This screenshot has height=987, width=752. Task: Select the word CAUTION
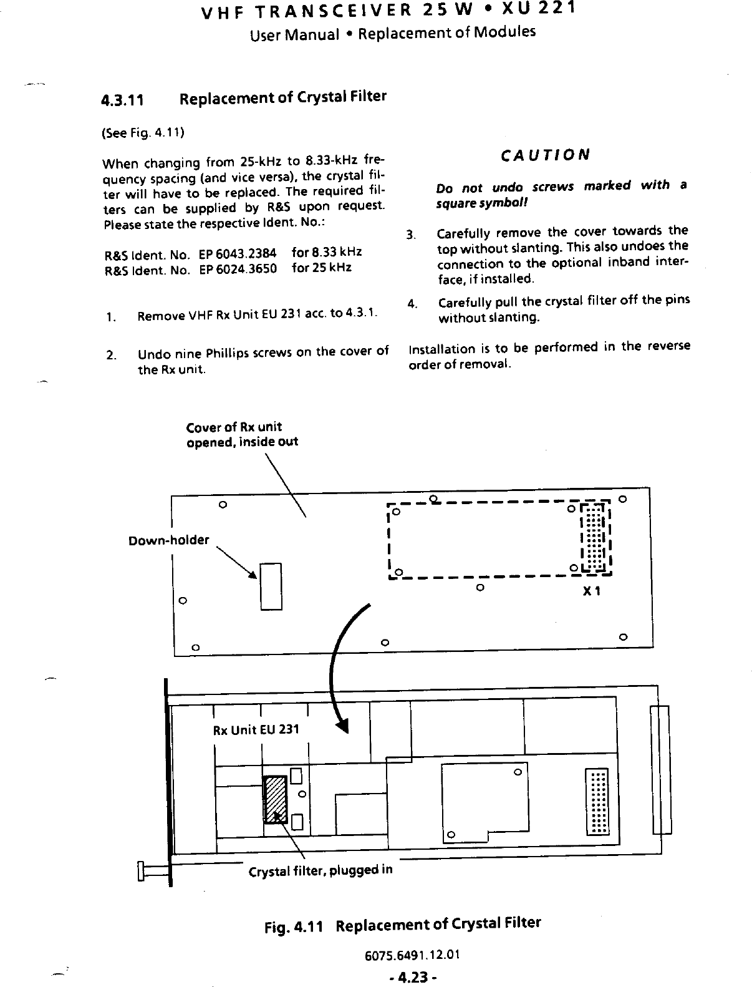pos(546,155)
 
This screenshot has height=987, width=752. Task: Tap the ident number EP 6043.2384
pos(238,254)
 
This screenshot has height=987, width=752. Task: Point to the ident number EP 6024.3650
pos(238,269)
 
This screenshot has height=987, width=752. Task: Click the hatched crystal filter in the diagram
pos(275,800)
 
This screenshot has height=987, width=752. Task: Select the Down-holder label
pos(168,540)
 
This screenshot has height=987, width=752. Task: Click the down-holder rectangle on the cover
pos(271,586)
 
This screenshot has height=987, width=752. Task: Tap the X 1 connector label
pos(591,591)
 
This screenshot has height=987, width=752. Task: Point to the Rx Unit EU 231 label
pos(256,729)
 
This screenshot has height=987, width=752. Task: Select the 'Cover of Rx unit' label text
pos(234,427)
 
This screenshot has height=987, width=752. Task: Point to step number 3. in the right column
pos(410,235)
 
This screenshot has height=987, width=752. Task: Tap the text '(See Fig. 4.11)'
pos(143,133)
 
